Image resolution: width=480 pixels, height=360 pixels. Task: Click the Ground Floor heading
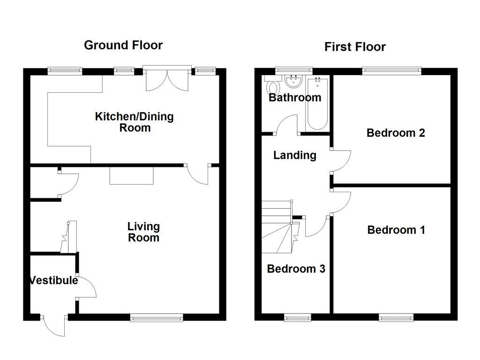pyautogui.click(x=123, y=45)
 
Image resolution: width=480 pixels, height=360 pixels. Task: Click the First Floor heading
pyautogui.click(x=355, y=47)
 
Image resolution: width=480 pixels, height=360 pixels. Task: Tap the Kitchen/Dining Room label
pyautogui.click(x=134, y=122)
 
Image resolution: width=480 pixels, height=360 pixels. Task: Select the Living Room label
pyautogui.click(x=143, y=232)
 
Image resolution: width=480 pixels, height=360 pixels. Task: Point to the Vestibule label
pyautogui.click(x=53, y=281)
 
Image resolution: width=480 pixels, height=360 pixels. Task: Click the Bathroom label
pyautogui.click(x=295, y=97)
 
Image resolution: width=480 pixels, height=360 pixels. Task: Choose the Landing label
pyautogui.click(x=295, y=155)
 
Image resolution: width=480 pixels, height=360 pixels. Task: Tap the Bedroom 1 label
pyautogui.click(x=396, y=230)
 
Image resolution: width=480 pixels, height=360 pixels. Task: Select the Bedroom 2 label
pyautogui.click(x=396, y=133)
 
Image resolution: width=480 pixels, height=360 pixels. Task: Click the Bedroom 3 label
pyautogui.click(x=296, y=269)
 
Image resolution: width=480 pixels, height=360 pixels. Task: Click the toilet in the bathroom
pyautogui.click(x=272, y=88)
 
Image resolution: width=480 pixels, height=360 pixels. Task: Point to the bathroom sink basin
pyautogui.click(x=293, y=82)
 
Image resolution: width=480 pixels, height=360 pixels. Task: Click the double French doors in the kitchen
pyautogui.click(x=167, y=80)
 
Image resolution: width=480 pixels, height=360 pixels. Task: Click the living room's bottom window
pyautogui.click(x=157, y=318)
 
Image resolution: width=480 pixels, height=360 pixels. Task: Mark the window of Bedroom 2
pyautogui.click(x=391, y=71)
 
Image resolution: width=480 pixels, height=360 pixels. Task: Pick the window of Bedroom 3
pyautogui.click(x=297, y=318)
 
